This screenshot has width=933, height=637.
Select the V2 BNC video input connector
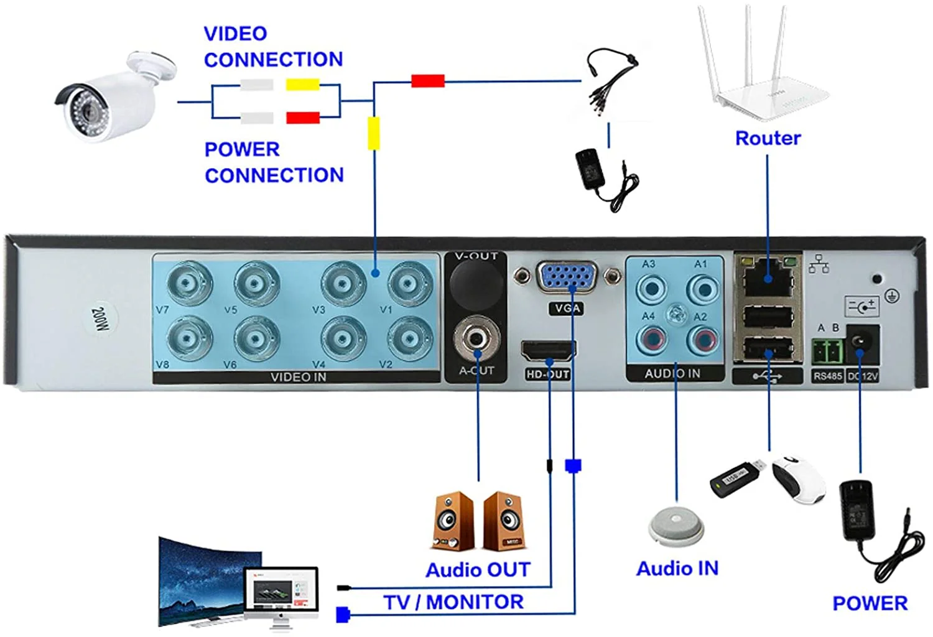click(409, 339)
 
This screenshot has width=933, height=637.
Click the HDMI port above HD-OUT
click(548, 352)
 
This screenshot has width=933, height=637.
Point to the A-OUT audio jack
click(477, 340)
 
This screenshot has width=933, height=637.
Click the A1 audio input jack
click(703, 289)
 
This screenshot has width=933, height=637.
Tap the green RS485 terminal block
click(827, 353)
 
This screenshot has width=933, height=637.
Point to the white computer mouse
click(799, 479)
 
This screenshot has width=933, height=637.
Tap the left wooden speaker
click(453, 521)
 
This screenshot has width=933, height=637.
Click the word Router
click(768, 138)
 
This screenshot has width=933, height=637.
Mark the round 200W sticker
click(100, 320)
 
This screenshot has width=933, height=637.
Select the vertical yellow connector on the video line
click(373, 133)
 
